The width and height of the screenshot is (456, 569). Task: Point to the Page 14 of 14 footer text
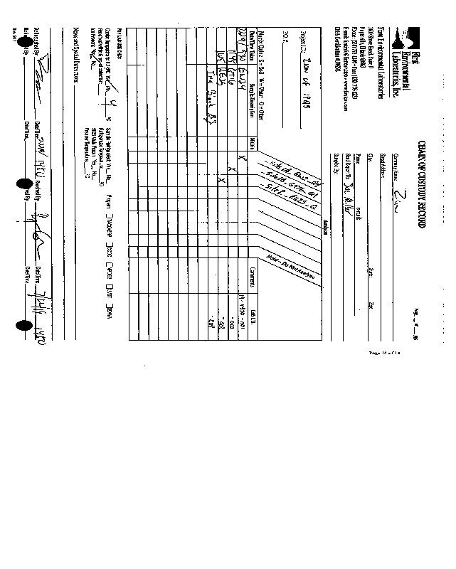tap(385, 352)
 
